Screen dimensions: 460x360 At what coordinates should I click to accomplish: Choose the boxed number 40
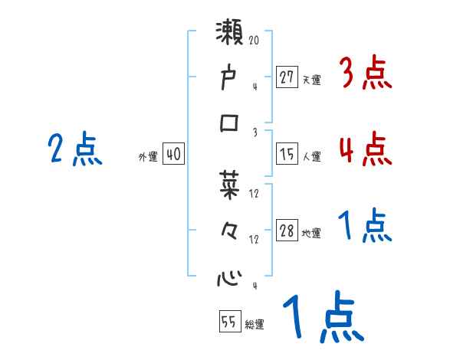tap(173, 154)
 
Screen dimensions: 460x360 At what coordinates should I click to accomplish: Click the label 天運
tap(311, 79)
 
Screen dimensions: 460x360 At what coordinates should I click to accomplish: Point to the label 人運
tap(312, 156)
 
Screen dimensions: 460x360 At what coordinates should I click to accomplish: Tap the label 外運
tap(148, 156)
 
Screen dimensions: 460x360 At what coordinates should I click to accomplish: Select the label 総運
tap(255, 324)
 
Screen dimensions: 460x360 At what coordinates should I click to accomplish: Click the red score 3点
tap(365, 74)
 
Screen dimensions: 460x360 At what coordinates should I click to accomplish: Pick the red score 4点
tap(365, 149)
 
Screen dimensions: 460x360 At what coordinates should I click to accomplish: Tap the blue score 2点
tap(75, 149)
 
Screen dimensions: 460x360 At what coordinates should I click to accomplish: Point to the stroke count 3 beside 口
tap(255, 132)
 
